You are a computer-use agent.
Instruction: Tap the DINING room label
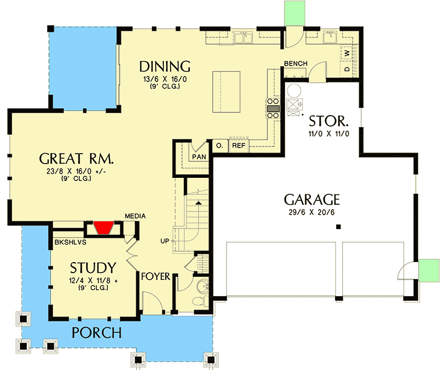coord(164,67)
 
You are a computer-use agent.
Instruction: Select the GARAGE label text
coord(312,199)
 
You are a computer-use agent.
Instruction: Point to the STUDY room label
coord(93,268)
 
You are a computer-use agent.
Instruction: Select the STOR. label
coord(328,121)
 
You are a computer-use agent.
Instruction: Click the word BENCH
coord(296,64)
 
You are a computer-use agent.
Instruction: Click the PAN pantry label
coord(199,157)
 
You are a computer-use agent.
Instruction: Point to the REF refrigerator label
coord(238,146)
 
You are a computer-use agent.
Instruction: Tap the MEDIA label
coord(135,216)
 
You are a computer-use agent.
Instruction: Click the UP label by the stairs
coord(164,241)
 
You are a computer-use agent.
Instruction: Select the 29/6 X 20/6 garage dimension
coord(312,212)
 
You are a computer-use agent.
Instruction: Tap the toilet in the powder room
coord(202,288)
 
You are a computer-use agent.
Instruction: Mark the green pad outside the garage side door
coord(427,270)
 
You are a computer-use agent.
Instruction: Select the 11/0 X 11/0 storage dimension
coord(328,133)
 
